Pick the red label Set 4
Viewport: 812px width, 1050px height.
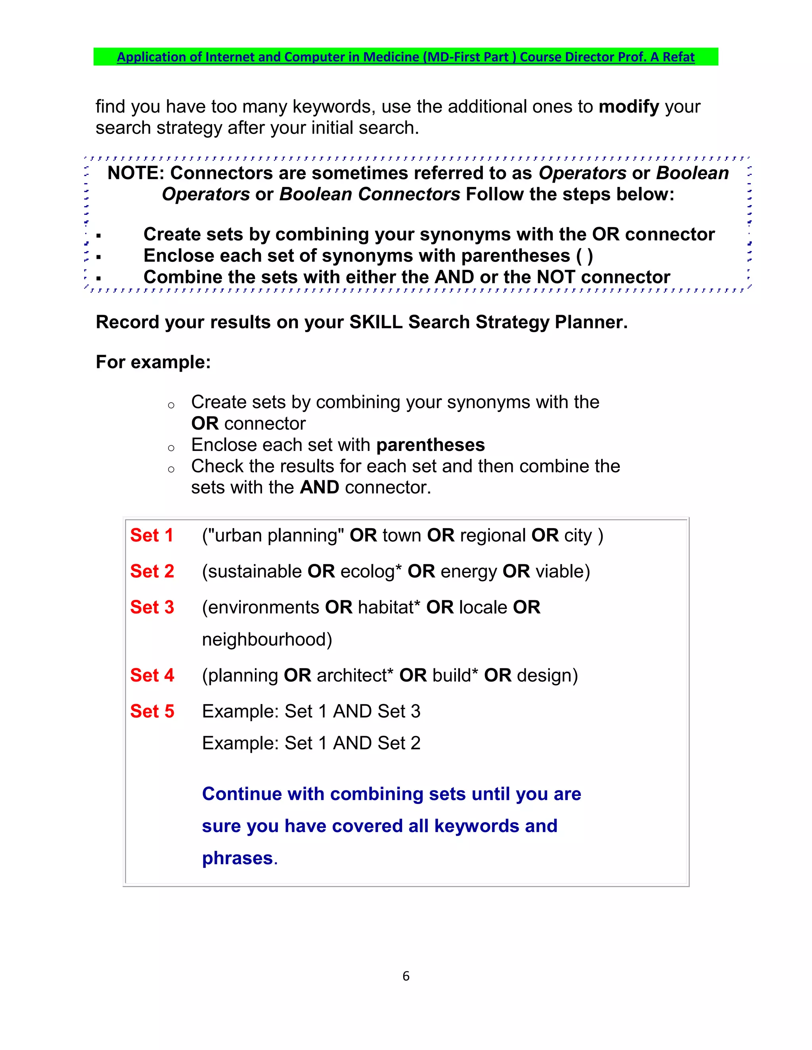152,675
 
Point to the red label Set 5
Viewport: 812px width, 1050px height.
152,711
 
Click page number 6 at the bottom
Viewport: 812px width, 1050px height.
406,976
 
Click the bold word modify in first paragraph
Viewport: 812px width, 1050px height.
629,106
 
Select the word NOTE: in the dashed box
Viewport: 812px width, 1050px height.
136,173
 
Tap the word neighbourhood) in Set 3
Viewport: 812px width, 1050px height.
267,640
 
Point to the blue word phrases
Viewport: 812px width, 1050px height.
237,858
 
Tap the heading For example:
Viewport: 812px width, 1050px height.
153,362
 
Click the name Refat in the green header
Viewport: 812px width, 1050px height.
678,57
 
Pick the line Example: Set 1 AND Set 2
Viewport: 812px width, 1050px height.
311,743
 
